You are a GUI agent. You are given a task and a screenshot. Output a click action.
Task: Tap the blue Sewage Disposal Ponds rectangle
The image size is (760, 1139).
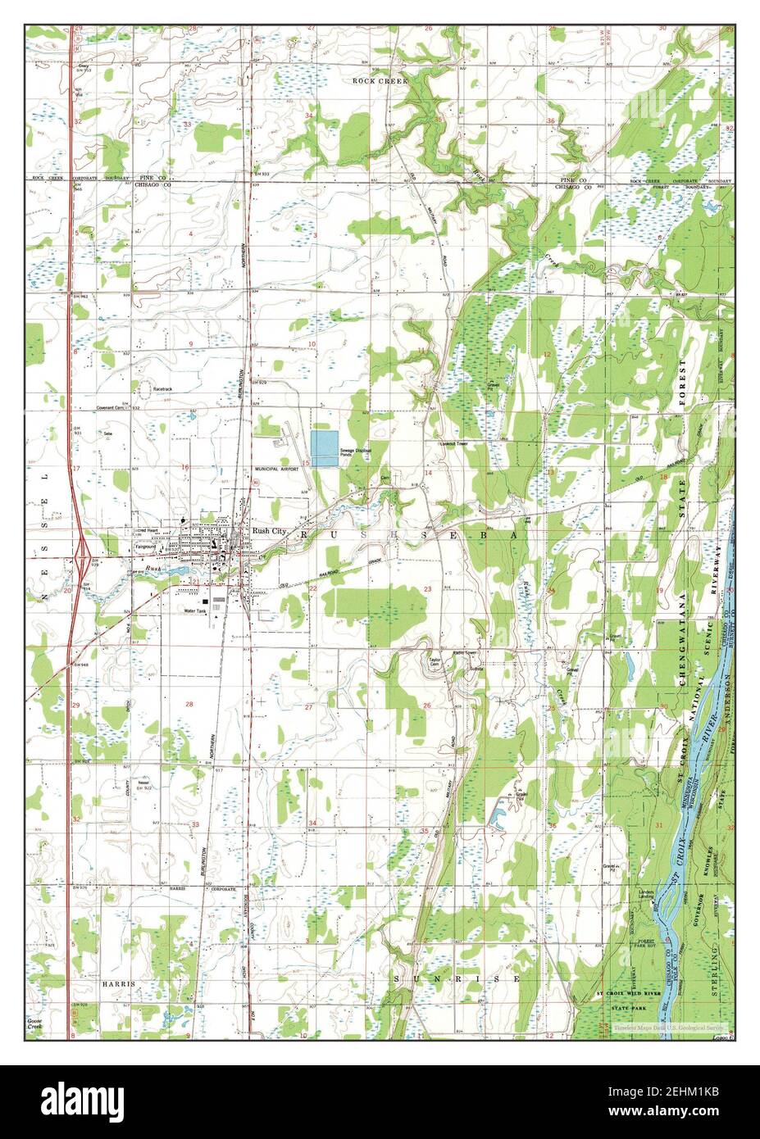tap(325, 447)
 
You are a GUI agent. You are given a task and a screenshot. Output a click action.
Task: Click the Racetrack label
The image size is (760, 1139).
tap(163, 388)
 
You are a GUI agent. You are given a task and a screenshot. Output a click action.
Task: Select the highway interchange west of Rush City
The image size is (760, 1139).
tap(83, 559)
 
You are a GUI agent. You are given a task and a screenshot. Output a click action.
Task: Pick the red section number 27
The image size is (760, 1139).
tap(309, 706)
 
